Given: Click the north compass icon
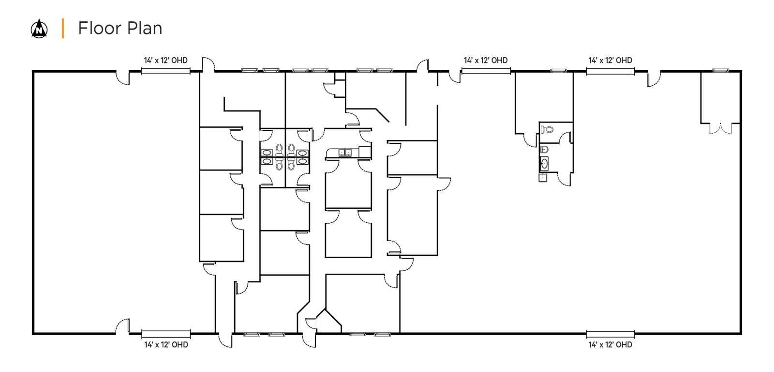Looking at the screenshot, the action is click(x=39, y=29).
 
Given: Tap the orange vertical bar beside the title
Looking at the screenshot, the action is click(x=62, y=29).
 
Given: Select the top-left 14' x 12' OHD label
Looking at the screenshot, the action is click(x=166, y=61).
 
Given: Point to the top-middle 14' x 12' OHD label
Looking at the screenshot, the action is click(x=486, y=61).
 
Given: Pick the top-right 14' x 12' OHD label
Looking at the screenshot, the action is click(x=610, y=61).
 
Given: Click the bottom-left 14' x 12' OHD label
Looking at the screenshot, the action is click(x=166, y=345).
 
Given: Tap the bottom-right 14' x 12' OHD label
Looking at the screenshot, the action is click(x=610, y=345).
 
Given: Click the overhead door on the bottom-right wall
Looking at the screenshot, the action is click(x=610, y=334).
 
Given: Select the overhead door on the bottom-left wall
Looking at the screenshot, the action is click(x=166, y=334).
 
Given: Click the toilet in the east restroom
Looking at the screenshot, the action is click(x=547, y=130).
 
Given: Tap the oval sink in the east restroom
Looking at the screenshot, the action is click(x=544, y=164).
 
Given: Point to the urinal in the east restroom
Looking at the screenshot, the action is click(x=544, y=150).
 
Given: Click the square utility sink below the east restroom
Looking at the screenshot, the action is click(x=543, y=177).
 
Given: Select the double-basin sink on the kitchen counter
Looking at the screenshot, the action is click(x=345, y=152).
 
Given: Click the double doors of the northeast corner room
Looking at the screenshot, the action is click(x=720, y=128).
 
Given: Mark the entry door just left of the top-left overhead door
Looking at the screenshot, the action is click(x=122, y=78).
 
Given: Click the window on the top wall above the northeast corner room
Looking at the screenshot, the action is click(x=721, y=71).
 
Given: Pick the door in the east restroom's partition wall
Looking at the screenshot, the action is click(x=566, y=138).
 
